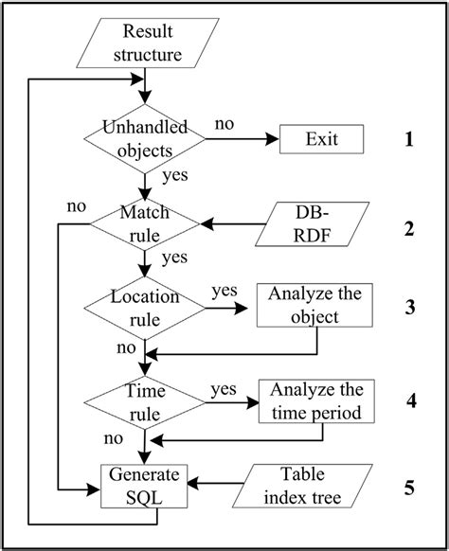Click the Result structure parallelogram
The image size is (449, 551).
coord(144,43)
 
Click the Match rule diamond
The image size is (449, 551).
coord(143,225)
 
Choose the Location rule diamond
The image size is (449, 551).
coord(143,307)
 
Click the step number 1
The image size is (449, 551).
coord(409,141)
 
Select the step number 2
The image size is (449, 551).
coord(409,227)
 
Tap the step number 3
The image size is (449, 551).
coord(409,307)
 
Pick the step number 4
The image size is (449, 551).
coord(409,399)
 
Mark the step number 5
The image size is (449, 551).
coord(409,489)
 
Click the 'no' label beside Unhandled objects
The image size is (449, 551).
coord(224,124)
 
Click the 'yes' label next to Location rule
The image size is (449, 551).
coord(224,290)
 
